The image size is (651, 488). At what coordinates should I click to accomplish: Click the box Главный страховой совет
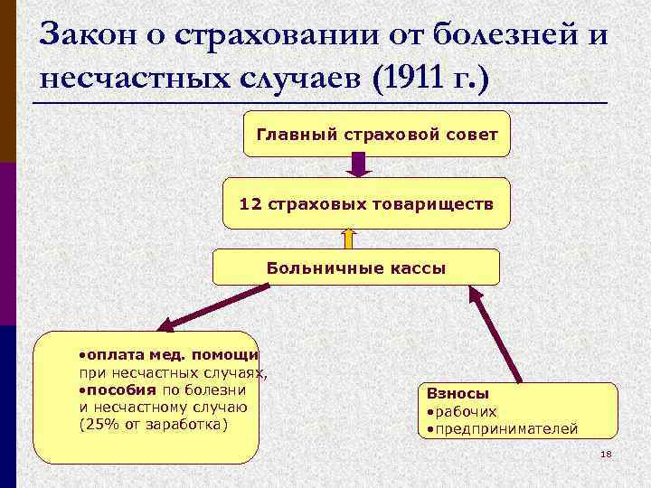tap(377, 134)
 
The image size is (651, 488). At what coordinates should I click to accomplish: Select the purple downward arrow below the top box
tap(359, 164)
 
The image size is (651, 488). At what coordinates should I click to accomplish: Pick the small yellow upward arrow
tap(349, 238)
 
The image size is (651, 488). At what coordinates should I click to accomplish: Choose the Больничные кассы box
tap(355, 267)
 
